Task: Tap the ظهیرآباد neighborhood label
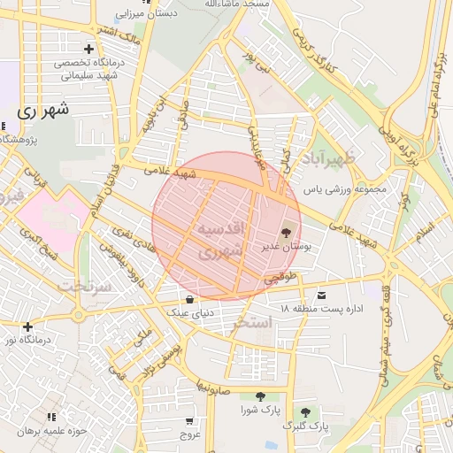(x=333, y=160)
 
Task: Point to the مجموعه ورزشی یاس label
(x=346, y=189)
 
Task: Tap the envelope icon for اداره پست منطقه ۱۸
(x=320, y=294)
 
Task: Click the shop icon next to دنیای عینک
(x=189, y=297)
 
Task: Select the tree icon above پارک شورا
(x=259, y=397)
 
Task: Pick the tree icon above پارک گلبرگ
(x=305, y=412)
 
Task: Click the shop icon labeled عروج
(x=190, y=420)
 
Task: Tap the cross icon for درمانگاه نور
(x=27, y=326)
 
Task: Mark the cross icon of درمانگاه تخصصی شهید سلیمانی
(x=88, y=49)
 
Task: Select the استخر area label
(x=253, y=324)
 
